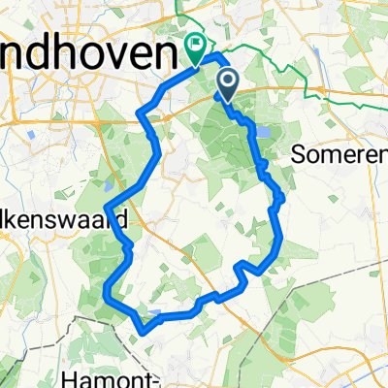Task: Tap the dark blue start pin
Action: pos(227,84)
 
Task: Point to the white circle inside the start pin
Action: pos(227,81)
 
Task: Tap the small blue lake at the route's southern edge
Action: pos(156,311)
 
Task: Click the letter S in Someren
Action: pos(297,152)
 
